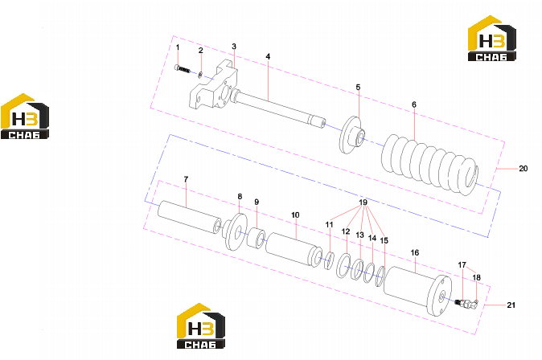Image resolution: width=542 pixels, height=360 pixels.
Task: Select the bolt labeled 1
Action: (x=183, y=69)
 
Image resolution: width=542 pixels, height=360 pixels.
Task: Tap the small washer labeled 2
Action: (x=200, y=74)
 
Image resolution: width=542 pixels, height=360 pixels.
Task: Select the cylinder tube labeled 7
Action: (x=190, y=217)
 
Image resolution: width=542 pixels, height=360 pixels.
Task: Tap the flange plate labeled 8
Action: (x=235, y=231)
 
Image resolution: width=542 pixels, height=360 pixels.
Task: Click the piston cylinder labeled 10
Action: (x=294, y=250)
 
